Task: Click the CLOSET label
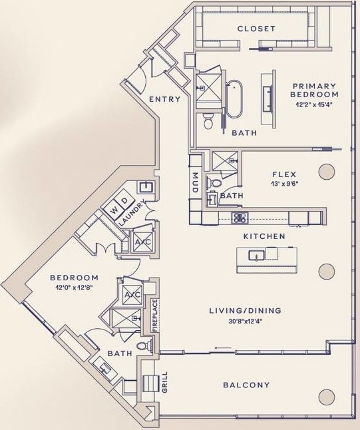tap(256, 29)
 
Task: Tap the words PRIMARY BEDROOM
tap(314, 91)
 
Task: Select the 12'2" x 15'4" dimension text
tap(314, 105)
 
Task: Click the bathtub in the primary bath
tap(234, 99)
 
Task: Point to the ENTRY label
tap(164, 99)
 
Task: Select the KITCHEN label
tap(264, 236)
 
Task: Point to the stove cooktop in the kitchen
tap(239, 217)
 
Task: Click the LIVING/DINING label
tap(245, 310)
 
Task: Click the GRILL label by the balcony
tap(165, 384)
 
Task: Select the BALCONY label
tap(246, 385)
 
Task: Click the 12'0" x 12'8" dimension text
tap(74, 288)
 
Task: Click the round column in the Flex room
tap(326, 172)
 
